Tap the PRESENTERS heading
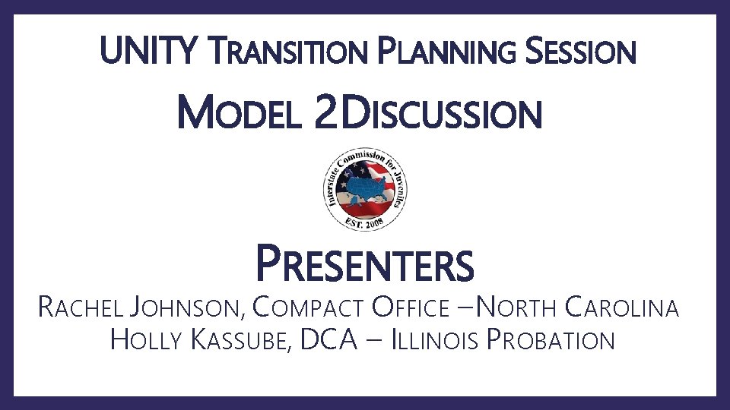tap(365, 264)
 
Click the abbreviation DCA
tap(328, 339)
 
